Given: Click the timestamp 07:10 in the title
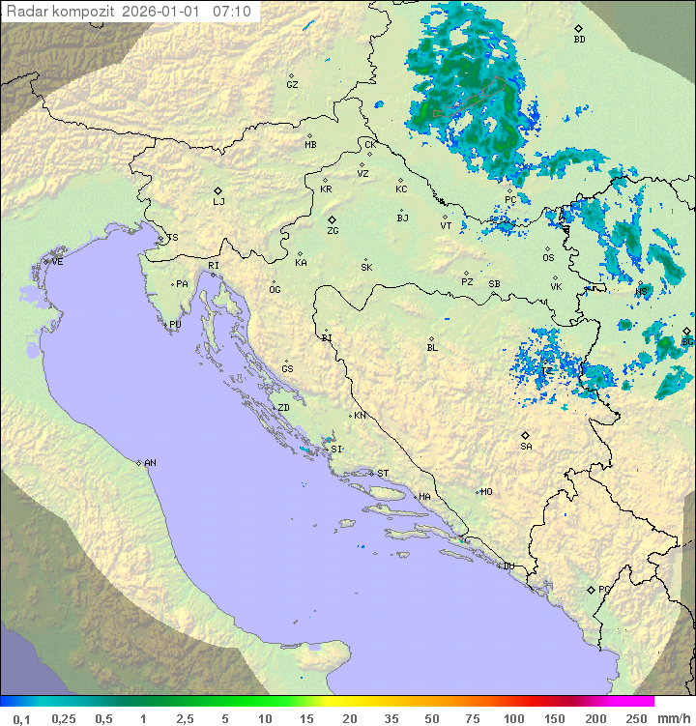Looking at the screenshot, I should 231,12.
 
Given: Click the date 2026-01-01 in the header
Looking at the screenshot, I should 168,12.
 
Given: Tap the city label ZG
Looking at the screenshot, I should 333,232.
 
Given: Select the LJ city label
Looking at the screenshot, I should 218,202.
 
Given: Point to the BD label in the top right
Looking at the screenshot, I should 579,40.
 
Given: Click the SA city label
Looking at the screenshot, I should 526,447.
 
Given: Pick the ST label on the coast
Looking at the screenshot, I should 383,474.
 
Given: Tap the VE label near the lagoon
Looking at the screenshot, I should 57,262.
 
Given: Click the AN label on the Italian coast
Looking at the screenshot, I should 150,463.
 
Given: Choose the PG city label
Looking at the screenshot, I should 604,590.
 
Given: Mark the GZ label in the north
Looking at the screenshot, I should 292,85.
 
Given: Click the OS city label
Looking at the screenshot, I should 548,258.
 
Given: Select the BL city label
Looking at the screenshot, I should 432,348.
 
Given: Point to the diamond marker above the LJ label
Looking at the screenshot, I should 218,190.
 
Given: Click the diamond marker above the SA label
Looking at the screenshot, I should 526,435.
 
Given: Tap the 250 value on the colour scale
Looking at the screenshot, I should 636,718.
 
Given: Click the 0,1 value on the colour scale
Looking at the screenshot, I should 21,718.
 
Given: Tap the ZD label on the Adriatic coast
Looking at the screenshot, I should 283,408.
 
